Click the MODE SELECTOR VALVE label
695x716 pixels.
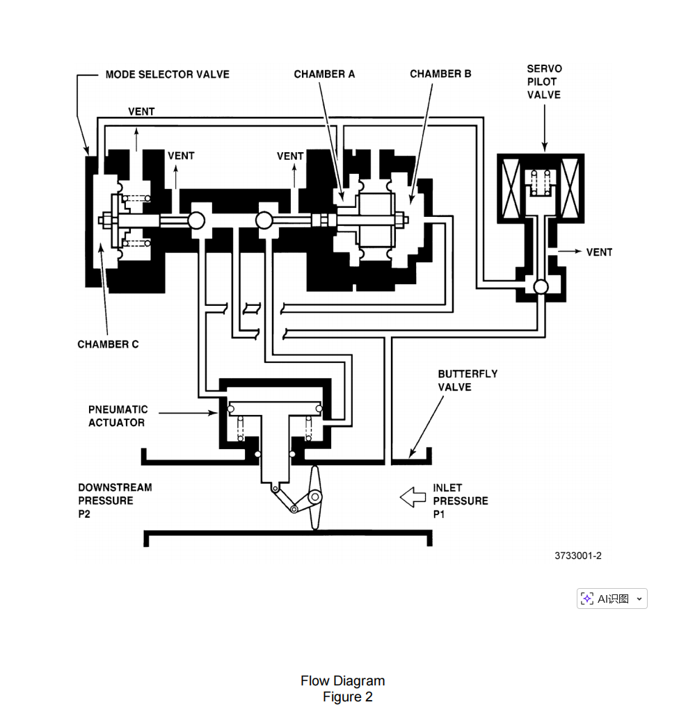point(167,74)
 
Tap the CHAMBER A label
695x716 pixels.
point(324,74)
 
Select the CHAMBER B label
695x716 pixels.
point(440,74)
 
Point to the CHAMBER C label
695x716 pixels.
point(108,344)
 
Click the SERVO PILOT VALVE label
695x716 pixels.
point(544,82)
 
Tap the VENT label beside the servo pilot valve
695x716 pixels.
point(599,252)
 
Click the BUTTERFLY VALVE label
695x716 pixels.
point(468,380)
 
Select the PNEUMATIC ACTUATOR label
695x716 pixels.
point(118,416)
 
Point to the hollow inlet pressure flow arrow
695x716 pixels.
point(413,497)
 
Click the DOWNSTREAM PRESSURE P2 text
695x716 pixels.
point(115,501)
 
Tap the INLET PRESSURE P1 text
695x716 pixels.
point(461,501)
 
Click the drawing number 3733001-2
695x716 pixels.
point(578,555)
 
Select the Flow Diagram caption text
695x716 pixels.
point(343,681)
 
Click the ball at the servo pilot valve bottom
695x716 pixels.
point(541,287)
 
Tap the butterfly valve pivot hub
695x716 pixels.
point(315,497)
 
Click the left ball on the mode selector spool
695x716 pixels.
point(196,220)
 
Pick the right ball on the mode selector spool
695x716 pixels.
point(264,220)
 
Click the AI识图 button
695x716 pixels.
point(612,599)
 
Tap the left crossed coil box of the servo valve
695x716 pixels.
point(511,188)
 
